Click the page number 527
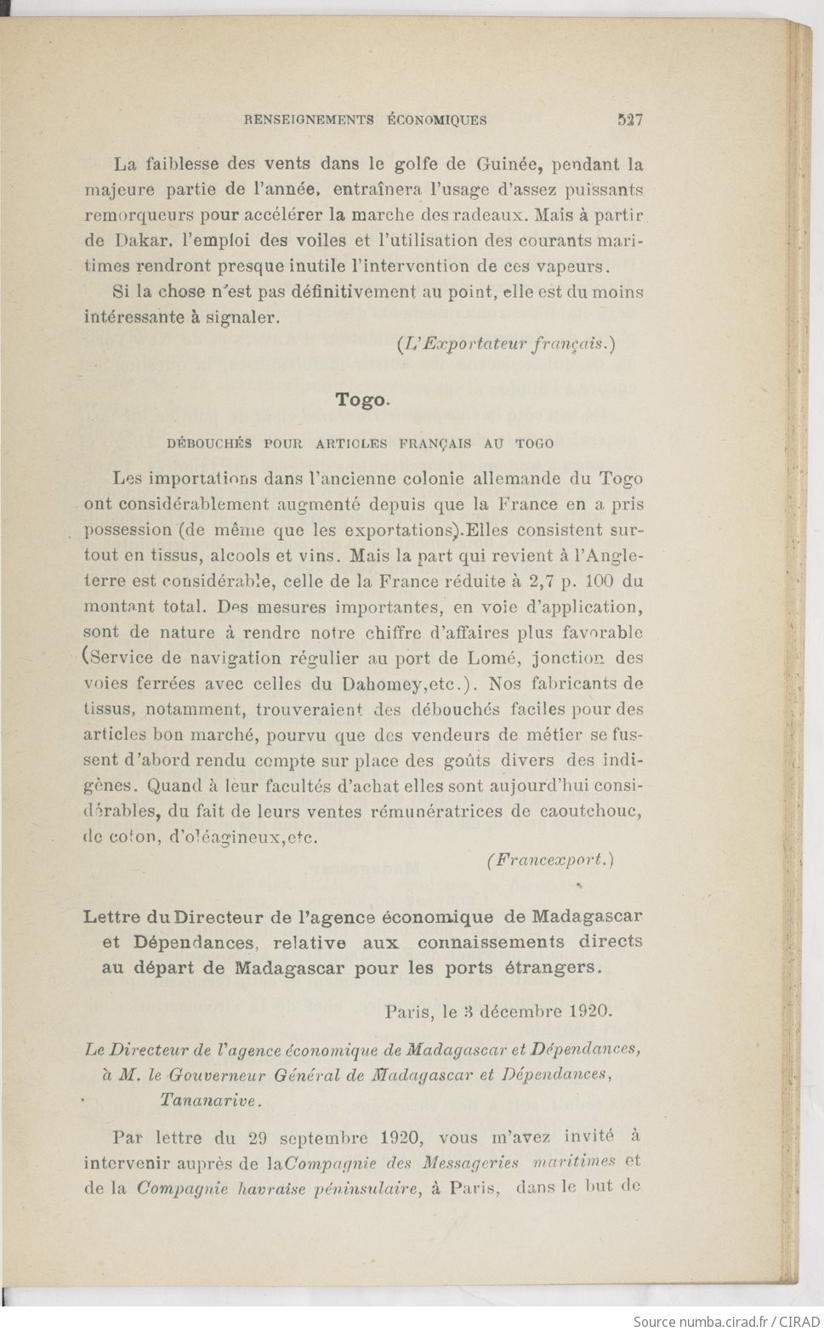pos(629,120)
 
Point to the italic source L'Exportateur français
pos(505,344)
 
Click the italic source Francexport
pos(550,860)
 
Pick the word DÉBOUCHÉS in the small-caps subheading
pos(209,443)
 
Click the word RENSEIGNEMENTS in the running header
pos(309,120)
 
